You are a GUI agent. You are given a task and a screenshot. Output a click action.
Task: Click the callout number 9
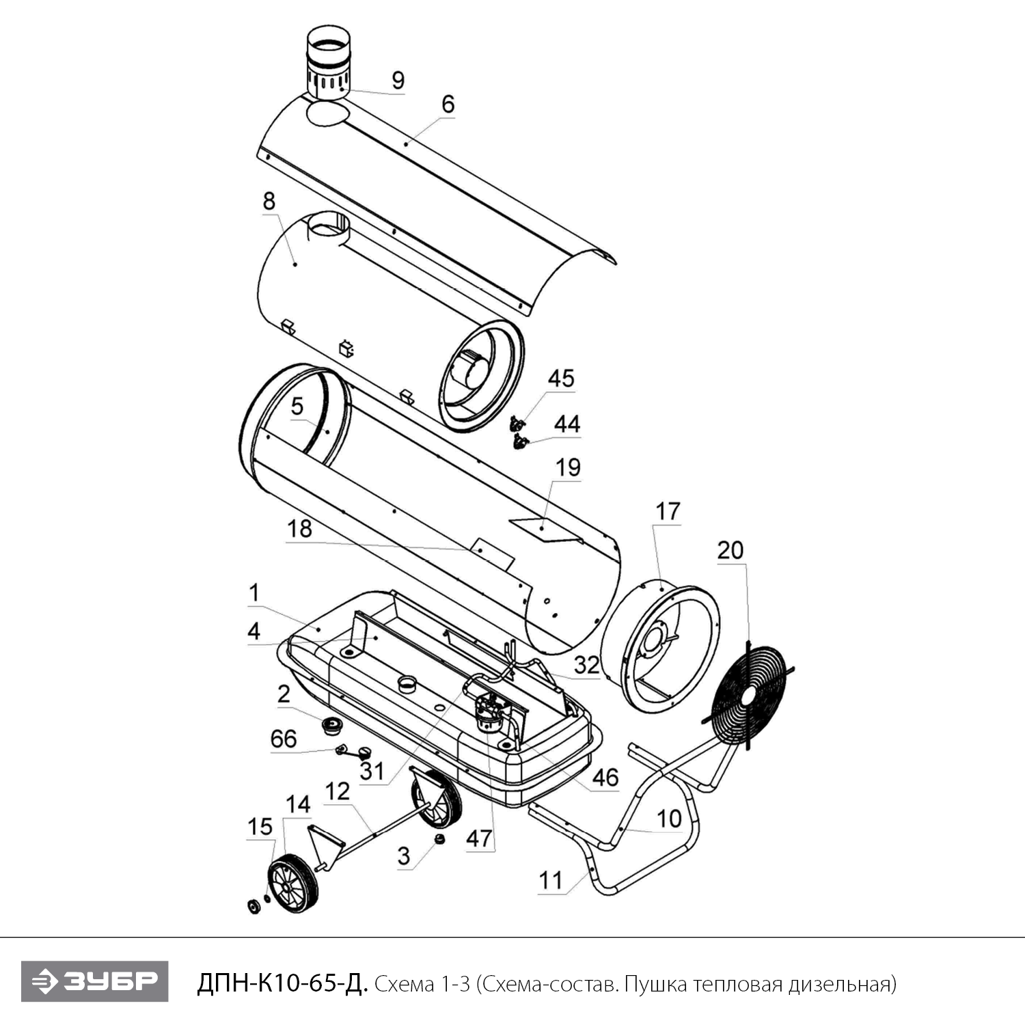398,81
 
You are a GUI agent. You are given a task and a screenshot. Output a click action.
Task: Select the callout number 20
730,550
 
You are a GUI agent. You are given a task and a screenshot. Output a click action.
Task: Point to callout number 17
668,511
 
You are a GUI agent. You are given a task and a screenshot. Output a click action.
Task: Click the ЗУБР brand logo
94,981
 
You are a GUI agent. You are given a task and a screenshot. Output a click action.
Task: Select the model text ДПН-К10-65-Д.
282,983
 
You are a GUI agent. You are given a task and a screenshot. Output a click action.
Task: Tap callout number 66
284,739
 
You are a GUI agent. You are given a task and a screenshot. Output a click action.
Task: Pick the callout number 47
479,838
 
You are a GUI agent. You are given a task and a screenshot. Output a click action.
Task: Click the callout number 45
561,379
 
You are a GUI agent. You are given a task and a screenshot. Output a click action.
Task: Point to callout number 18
299,529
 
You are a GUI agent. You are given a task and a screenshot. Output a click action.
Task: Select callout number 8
269,201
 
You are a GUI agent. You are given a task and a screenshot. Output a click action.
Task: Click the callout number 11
551,881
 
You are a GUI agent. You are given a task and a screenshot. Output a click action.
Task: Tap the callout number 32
586,665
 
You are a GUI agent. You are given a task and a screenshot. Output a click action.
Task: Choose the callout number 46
605,777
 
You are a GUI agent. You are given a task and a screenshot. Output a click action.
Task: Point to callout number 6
448,104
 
